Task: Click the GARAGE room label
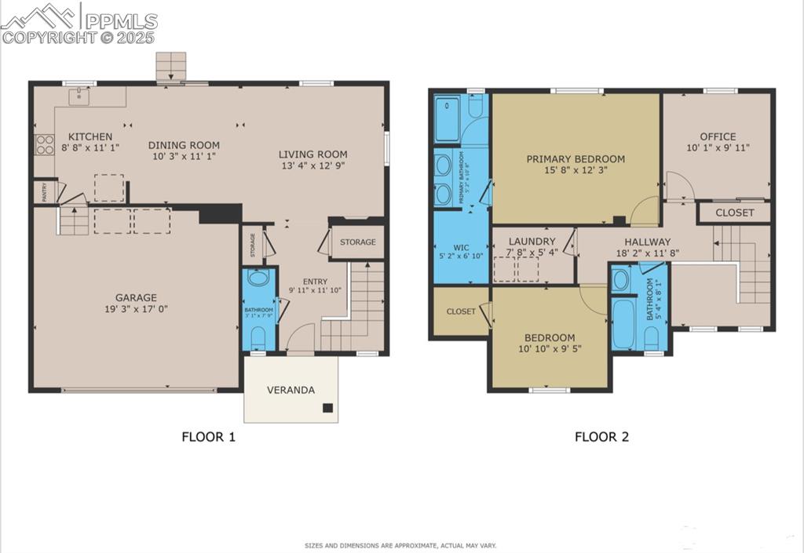point(136,297)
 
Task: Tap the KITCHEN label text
point(90,136)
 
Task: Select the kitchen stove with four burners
point(44,144)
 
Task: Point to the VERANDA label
point(291,390)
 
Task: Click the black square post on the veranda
point(327,408)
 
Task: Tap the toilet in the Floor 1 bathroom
point(258,337)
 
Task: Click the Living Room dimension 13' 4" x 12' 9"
point(313,166)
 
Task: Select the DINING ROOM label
point(184,145)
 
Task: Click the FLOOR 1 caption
point(208,437)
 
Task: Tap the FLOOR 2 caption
point(601,437)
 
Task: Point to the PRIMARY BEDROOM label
point(576,158)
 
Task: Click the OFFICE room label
point(718,136)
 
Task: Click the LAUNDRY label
point(532,242)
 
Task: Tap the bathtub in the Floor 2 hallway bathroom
point(627,324)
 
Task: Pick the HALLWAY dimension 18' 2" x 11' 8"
point(648,254)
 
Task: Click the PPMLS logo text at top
point(119,21)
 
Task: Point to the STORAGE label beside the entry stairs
point(357,242)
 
